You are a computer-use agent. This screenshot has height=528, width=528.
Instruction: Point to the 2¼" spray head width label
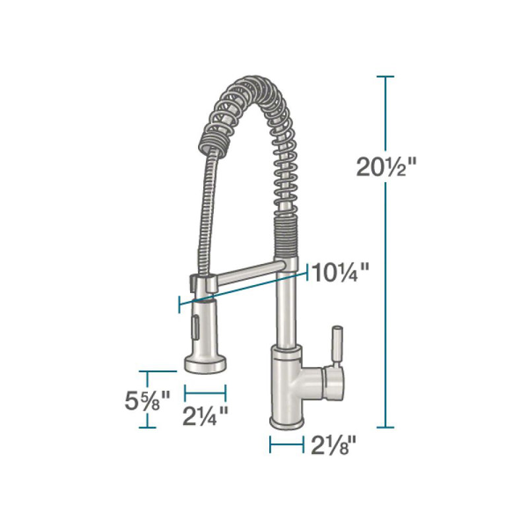click(x=206, y=414)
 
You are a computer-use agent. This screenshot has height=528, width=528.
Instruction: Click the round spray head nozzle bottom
click(x=205, y=362)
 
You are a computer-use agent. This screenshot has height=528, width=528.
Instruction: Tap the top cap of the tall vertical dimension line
click(x=385, y=77)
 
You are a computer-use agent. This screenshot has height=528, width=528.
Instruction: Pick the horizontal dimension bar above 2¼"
click(x=206, y=392)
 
